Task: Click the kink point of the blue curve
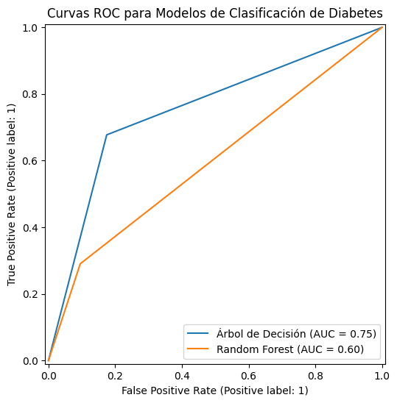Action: pyautogui.click(x=107, y=135)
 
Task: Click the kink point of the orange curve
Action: pyautogui.click(x=80, y=263)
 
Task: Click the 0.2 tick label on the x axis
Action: pyautogui.click(x=115, y=374)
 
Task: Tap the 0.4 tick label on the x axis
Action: pyautogui.click(x=182, y=374)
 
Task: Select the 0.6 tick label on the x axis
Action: pyautogui.click(x=249, y=374)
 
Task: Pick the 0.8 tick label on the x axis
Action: pyautogui.click(x=315, y=374)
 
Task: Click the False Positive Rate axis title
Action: pyautogui.click(x=215, y=390)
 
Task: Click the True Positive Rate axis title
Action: pyautogui.click(x=13, y=194)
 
